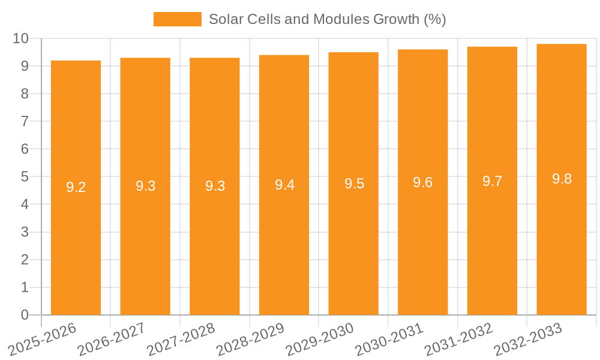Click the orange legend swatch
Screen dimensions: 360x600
point(177,19)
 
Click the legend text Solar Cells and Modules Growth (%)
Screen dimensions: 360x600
point(327,19)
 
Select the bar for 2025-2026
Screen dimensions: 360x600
point(76,240)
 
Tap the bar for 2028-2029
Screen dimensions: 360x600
point(284,240)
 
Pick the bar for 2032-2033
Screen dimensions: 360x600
point(562,240)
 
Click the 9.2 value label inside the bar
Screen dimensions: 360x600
point(76,187)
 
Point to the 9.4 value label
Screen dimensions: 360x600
point(284,185)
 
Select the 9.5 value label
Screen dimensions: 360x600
point(354,184)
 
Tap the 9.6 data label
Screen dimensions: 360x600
point(423,182)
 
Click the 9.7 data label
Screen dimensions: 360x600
point(493,181)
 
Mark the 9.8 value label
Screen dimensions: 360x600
point(562,179)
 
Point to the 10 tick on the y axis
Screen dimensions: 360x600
point(21,38)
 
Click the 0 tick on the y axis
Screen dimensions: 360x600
point(25,315)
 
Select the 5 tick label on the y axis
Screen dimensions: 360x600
point(25,177)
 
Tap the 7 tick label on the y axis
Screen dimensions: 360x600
point(25,122)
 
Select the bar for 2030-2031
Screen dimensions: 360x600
point(423,240)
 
